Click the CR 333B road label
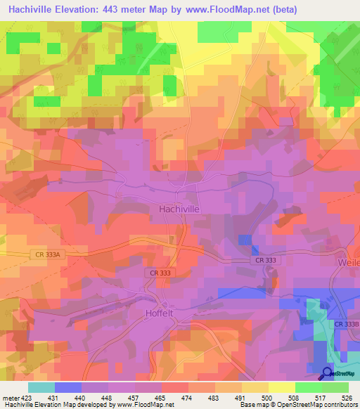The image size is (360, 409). (x=345, y=324)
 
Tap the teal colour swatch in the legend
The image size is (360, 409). (x=41, y=387)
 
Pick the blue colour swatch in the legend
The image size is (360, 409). (x=68, y=387)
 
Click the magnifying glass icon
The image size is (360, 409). (x=327, y=373)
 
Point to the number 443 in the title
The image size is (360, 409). (x=111, y=9)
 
